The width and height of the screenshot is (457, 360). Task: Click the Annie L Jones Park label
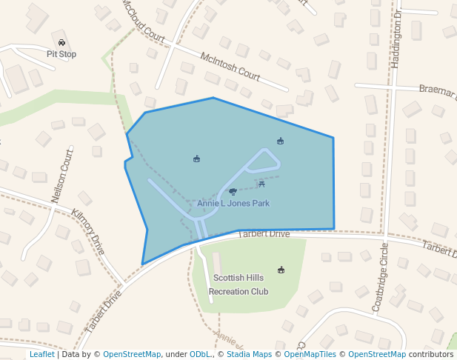(x=233, y=203)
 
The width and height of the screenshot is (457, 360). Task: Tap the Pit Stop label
(x=61, y=54)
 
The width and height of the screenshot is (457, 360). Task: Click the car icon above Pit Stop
(x=61, y=43)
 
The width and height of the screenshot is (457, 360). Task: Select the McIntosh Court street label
(x=230, y=66)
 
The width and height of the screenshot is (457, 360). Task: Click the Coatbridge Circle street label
(x=381, y=276)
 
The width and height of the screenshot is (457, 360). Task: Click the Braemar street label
(x=437, y=90)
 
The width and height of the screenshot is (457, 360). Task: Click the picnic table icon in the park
(x=261, y=183)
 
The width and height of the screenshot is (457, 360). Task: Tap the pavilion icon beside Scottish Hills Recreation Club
(x=281, y=270)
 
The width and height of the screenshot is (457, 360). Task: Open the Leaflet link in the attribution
(x=41, y=354)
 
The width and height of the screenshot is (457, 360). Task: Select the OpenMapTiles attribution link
(x=310, y=354)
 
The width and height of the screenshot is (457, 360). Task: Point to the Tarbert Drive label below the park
(x=264, y=234)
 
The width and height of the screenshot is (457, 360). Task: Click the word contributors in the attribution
(x=431, y=354)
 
